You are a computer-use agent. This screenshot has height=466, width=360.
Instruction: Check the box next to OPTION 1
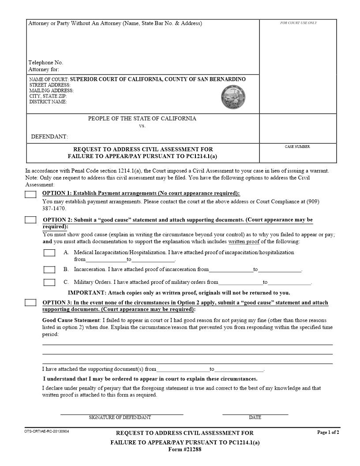(x=30, y=195)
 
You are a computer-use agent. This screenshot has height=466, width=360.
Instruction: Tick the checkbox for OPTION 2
(x=30, y=220)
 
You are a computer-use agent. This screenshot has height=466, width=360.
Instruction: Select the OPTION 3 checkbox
(x=30, y=303)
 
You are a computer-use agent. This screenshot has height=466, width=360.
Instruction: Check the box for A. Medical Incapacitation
(x=49, y=253)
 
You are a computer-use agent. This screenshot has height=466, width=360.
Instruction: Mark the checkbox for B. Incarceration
(x=49, y=269)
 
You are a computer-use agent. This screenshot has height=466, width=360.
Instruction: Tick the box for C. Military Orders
(x=49, y=282)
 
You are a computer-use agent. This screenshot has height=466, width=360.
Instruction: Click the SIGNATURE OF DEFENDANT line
(x=121, y=413)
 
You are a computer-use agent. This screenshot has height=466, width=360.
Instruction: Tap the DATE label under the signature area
(x=255, y=417)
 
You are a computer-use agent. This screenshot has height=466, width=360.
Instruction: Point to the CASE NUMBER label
(x=297, y=147)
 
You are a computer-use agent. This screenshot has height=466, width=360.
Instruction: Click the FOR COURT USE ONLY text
(x=298, y=23)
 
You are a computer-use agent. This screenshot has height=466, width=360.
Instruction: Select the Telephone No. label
(x=46, y=63)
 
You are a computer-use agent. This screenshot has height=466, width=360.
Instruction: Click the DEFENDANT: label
(x=49, y=137)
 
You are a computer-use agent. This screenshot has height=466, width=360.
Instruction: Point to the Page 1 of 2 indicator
(x=328, y=432)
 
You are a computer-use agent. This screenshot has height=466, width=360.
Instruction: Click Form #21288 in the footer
(x=185, y=449)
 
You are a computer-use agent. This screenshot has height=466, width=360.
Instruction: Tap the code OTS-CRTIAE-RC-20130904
(x=47, y=431)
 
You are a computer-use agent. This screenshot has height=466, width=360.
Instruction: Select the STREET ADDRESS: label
(x=50, y=85)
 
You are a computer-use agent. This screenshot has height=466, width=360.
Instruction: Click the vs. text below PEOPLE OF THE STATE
(x=142, y=126)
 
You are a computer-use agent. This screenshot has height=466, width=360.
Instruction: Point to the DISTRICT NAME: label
(x=48, y=102)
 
